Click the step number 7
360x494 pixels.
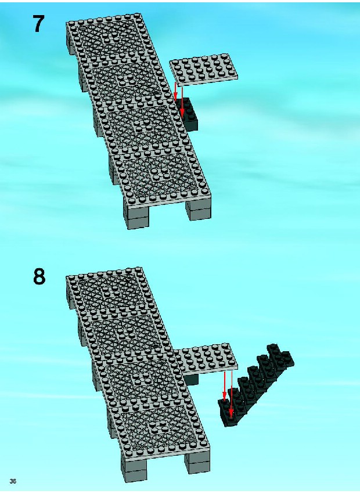pyautogui.click(x=38, y=24)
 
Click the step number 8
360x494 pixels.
pyautogui.click(x=39, y=277)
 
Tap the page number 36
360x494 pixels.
pyautogui.click(x=13, y=481)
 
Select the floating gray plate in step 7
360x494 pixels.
pyautogui.click(x=204, y=69)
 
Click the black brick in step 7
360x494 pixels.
pyautogui.click(x=189, y=114)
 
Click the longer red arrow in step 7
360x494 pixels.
pyautogui.click(x=182, y=101)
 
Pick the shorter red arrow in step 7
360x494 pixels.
pyautogui.click(x=175, y=92)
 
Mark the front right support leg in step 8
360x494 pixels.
pyautogui.click(x=197, y=463)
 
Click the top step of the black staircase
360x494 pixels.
pyautogui.click(x=280, y=356)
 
